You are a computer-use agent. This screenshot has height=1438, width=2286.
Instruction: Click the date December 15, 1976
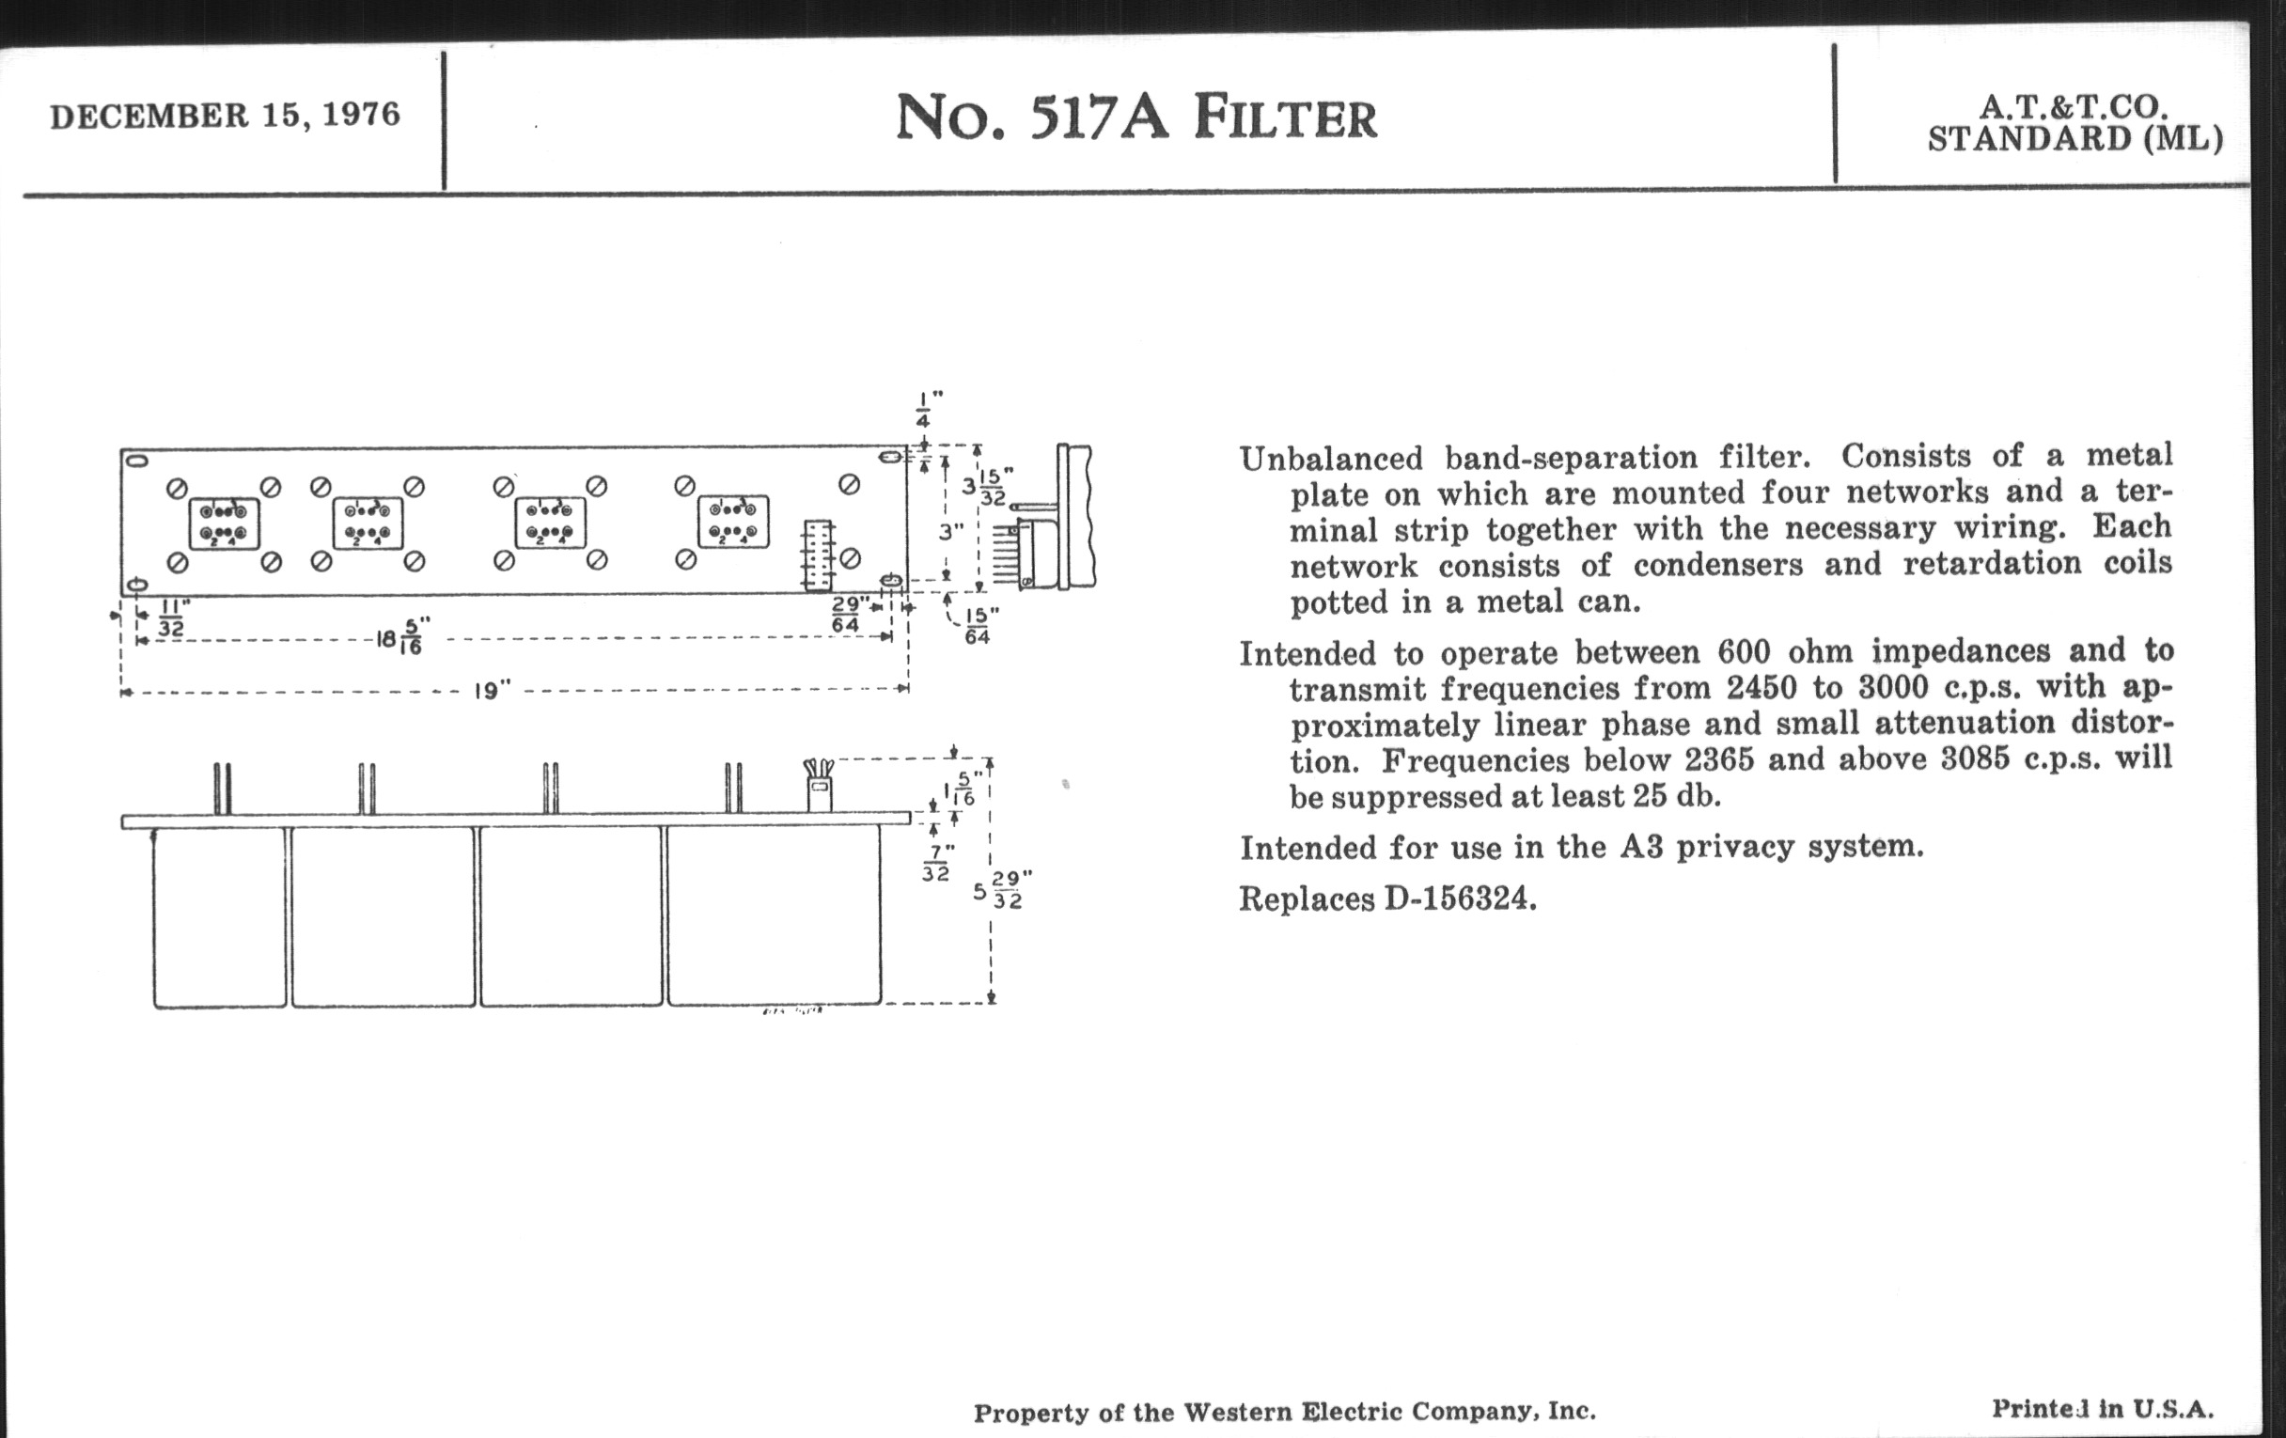tap(225, 116)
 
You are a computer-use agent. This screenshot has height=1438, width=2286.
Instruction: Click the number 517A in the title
tap(1100, 117)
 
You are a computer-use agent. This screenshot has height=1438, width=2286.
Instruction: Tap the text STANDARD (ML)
tap(2075, 139)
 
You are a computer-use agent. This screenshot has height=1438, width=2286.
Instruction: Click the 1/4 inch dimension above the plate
tap(923, 410)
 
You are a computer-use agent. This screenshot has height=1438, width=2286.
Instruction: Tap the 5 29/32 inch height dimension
tap(1002, 890)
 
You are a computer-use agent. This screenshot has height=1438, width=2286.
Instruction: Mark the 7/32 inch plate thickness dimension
tap(936, 863)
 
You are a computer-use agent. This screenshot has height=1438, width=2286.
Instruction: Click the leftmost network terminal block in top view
tap(224, 524)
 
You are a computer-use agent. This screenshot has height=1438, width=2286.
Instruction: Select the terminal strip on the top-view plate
tap(819, 555)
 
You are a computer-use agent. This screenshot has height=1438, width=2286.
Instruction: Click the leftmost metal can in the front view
tap(219, 916)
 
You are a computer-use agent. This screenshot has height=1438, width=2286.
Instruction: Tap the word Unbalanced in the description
tap(1332, 460)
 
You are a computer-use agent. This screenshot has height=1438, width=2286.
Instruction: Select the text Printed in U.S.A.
tap(2101, 1409)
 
